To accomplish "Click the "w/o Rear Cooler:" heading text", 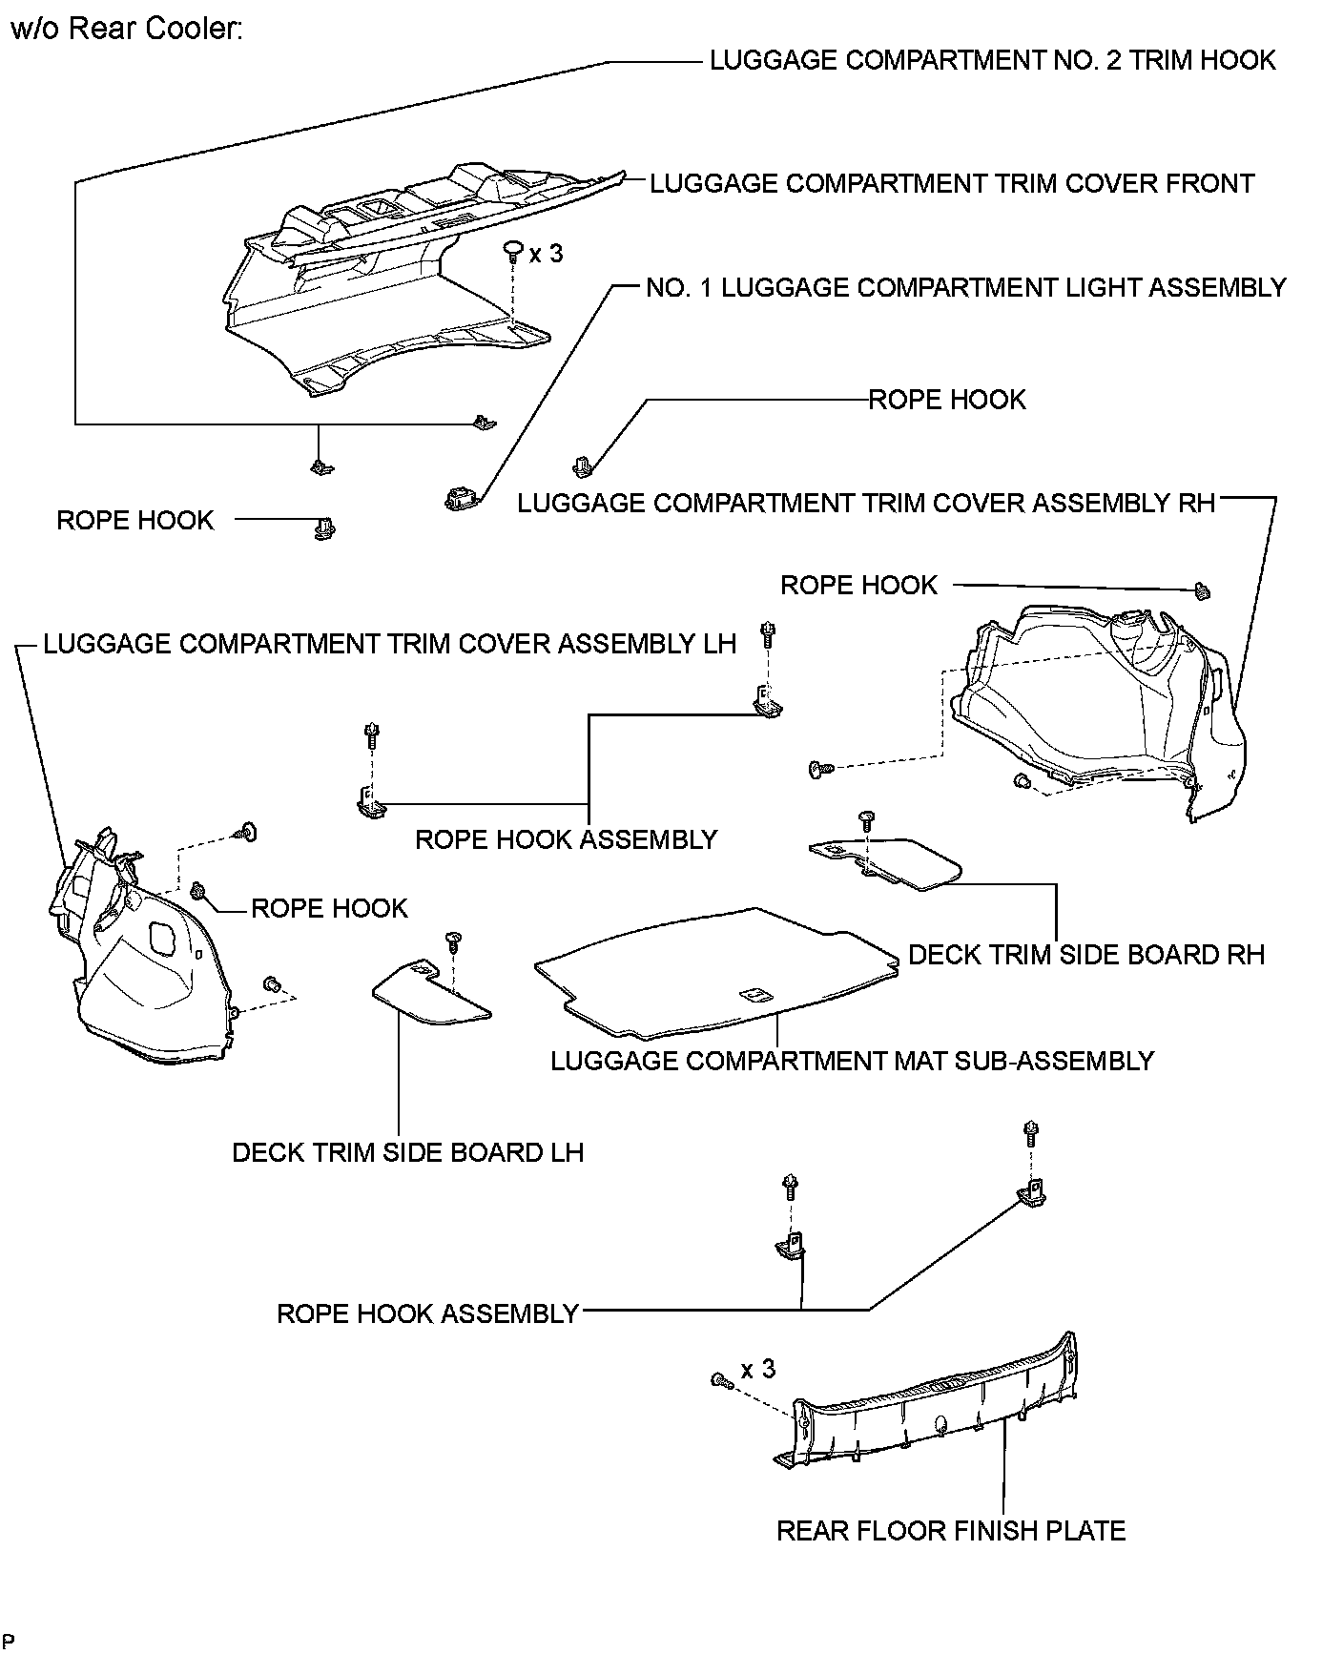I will pos(127,29).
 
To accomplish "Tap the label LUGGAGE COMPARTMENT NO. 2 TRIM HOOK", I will pos(992,60).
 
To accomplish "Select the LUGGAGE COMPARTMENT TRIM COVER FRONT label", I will pos(951,183).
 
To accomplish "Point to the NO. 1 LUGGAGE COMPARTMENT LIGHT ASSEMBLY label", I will pos(965,287).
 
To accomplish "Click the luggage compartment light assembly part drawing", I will pos(460,498).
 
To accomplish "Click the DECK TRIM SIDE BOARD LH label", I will pos(407,1152).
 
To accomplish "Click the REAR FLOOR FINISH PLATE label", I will pos(951,1531).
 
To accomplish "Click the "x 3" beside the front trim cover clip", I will pos(547,254).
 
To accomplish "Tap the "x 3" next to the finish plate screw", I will pos(758,1370).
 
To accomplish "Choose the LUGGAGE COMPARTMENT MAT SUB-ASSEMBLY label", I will pos(852,1061).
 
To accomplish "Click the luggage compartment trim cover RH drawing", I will pos(1097,715).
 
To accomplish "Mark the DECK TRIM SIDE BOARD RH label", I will pos(1085,955).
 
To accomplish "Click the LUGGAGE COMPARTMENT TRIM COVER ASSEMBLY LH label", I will pos(390,644).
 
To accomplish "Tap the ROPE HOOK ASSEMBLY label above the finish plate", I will pos(427,1313).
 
